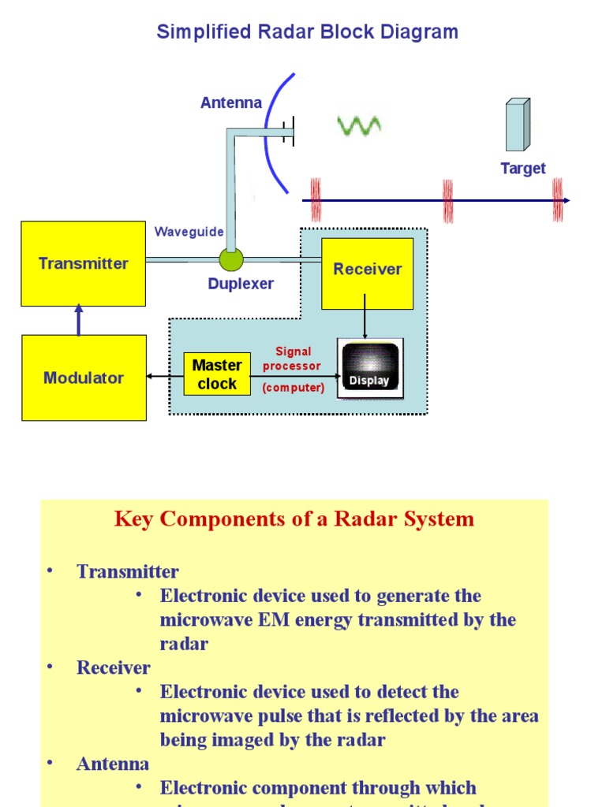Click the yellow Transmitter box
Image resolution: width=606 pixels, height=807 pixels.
83,263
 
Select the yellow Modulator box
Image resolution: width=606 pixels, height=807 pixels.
84,377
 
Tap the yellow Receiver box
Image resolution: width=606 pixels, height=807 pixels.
367,273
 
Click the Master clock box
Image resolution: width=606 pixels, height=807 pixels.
217,374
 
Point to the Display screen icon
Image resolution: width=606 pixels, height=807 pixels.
370,368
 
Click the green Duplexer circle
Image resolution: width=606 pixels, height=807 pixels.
231,259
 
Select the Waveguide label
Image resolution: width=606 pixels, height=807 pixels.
189,232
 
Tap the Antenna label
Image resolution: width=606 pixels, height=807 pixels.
230,102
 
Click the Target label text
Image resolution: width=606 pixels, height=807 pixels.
522,169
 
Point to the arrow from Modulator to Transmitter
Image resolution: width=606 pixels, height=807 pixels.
78,320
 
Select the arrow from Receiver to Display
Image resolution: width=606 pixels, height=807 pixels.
365,315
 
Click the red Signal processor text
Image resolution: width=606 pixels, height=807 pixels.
293,359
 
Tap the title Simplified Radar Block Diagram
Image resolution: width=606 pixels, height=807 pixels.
307,32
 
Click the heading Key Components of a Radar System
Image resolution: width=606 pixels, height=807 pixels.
294,519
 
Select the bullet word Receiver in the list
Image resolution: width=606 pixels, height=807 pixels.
113,668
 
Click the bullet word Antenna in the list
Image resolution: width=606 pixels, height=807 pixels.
112,764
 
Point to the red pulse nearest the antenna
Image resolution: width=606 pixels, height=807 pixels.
316,200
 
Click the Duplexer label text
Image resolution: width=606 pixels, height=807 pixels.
241,284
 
